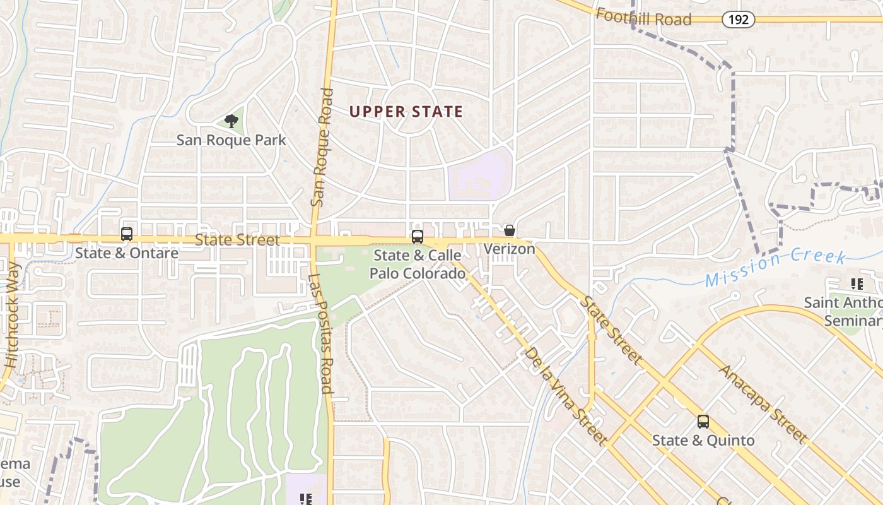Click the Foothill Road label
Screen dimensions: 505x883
tap(643, 17)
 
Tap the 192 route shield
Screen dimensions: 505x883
tap(738, 20)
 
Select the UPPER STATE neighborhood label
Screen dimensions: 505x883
tap(406, 112)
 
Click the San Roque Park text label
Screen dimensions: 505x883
tap(231, 140)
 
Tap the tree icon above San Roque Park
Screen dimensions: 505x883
tap(231, 120)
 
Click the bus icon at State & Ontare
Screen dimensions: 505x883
tap(127, 234)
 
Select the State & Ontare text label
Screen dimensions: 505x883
tap(127, 253)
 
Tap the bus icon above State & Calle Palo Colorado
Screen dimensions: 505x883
tap(417, 237)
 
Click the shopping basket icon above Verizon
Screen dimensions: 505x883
tap(509, 231)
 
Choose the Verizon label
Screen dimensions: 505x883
tap(509, 249)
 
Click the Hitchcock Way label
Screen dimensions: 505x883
tap(13, 316)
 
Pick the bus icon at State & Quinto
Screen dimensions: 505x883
tap(703, 422)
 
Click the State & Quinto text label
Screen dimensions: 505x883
tap(703, 440)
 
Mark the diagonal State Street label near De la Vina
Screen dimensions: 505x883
tap(611, 329)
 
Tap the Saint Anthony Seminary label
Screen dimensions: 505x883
tap(845, 311)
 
